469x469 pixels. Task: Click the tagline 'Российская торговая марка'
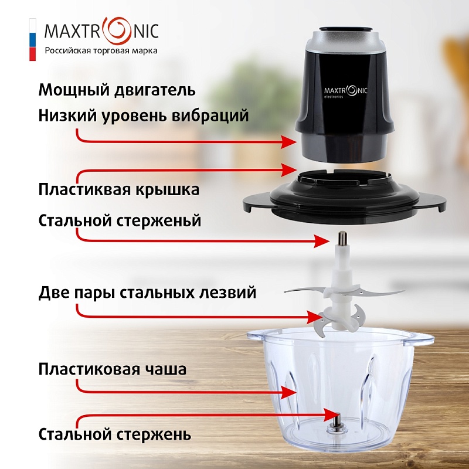coord(101,50)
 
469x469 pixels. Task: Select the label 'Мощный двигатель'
coord(117,90)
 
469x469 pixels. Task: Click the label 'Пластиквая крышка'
coord(119,189)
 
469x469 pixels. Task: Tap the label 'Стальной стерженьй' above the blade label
coord(120,221)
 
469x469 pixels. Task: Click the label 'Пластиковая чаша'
coord(113,369)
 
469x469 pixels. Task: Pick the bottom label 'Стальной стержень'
coord(115,434)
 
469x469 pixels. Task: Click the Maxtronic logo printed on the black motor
coord(346,91)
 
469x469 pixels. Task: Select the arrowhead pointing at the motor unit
coord(288,142)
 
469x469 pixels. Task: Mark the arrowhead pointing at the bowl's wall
coord(288,392)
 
